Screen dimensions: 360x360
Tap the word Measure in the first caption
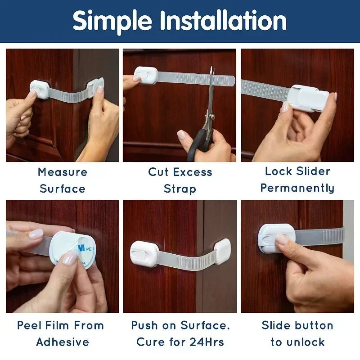(x=63, y=172)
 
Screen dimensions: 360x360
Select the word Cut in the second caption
(x=159, y=172)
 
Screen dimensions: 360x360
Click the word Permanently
(x=297, y=188)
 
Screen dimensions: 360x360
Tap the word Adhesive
(x=63, y=342)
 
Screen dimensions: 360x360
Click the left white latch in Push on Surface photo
(x=144, y=253)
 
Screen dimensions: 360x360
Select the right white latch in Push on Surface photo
(x=222, y=251)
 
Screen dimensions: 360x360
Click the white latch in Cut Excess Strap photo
(x=145, y=76)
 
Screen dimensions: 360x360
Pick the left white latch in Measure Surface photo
(x=40, y=89)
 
